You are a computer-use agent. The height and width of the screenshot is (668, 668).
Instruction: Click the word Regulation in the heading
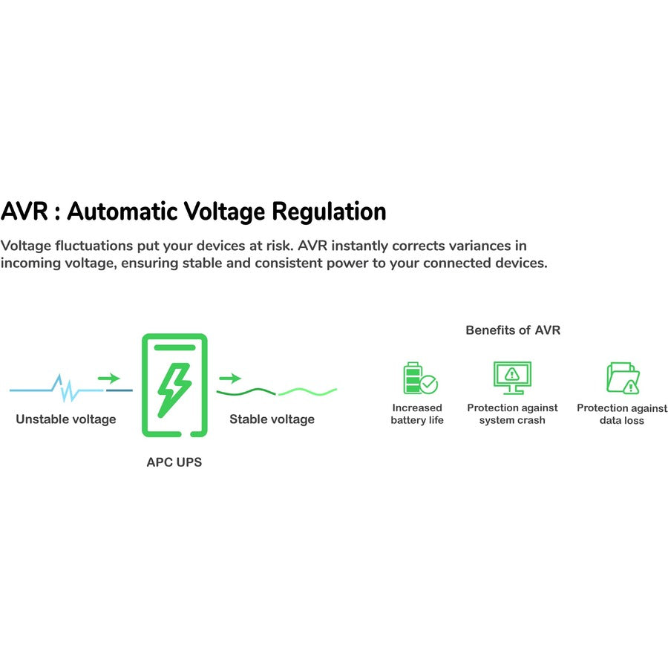(x=329, y=212)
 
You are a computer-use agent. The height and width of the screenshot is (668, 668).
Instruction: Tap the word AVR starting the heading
(x=24, y=211)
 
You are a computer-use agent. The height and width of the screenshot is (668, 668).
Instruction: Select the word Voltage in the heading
(x=224, y=212)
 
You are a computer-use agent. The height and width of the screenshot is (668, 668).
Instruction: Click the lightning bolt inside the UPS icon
(x=174, y=390)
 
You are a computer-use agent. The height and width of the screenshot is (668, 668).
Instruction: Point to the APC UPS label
(x=174, y=462)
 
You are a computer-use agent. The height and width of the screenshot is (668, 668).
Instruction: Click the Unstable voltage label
(x=66, y=419)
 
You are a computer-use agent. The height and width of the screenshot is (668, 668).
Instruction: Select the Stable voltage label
(x=272, y=419)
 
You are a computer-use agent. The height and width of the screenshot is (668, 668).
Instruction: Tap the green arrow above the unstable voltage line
(x=109, y=378)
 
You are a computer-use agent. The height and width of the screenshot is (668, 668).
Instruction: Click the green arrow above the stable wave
(x=230, y=378)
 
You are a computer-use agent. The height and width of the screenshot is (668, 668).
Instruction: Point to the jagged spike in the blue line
(x=65, y=388)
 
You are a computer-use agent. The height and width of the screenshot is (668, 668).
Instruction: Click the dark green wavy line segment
(x=246, y=391)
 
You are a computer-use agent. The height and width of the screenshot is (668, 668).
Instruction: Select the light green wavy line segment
(x=307, y=391)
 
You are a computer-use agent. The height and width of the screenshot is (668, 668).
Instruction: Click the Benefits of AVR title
(x=513, y=330)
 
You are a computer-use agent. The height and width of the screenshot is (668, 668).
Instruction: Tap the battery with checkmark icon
(x=420, y=378)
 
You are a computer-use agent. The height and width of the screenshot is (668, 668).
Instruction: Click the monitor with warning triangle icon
(x=512, y=378)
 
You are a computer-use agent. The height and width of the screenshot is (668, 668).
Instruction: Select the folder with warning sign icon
(x=623, y=378)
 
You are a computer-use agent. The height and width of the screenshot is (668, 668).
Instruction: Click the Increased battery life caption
(x=417, y=414)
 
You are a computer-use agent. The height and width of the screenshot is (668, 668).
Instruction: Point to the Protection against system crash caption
(x=512, y=414)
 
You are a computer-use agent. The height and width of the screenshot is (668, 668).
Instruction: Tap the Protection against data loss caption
(x=622, y=414)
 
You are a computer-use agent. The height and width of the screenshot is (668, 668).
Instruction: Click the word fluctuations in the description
(x=94, y=246)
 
